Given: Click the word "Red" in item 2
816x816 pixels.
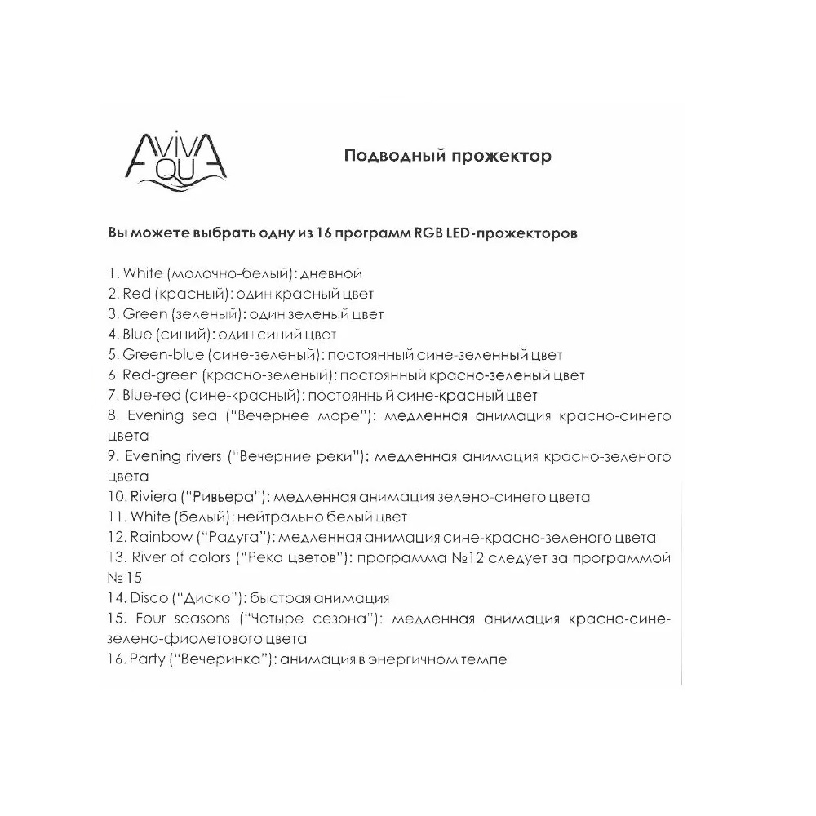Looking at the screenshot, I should pos(135,293).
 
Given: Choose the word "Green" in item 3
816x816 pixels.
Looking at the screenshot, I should pos(141,313).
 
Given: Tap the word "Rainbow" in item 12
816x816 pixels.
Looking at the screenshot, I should pos(157,538).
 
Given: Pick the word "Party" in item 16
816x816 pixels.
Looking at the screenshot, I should pos(146,659).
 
